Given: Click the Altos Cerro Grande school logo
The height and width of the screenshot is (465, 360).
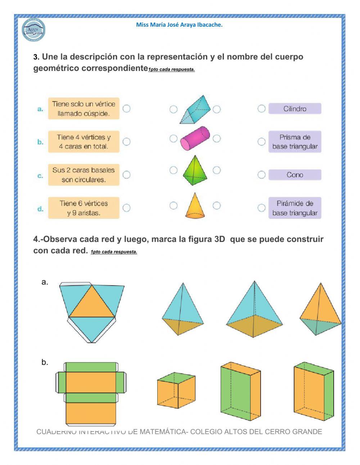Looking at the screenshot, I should coord(33,30).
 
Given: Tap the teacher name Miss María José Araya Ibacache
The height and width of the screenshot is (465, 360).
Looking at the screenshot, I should coord(179,25).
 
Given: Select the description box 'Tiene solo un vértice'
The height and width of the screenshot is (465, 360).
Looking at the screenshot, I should coord(84,108).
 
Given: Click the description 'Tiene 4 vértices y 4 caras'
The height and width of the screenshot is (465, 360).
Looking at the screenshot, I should coord(84,142).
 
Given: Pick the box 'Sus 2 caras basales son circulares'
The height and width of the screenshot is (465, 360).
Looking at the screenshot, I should coord(84,175).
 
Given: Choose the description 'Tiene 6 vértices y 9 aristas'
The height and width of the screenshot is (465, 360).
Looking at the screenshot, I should coord(84,208).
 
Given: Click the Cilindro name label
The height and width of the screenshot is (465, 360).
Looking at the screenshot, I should coord(294,109).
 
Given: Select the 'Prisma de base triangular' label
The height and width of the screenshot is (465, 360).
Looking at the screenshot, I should coord(294,142).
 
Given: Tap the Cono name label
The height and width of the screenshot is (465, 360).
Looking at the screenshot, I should coord(294,175).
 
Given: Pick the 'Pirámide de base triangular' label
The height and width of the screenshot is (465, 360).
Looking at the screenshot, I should coord(294,208).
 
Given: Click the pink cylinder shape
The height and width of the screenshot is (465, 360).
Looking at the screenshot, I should coord(195,138).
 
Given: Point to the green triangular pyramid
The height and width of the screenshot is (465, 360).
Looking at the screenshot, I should coord(194,170).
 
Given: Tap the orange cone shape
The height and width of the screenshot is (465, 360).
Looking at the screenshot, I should coord(195,206).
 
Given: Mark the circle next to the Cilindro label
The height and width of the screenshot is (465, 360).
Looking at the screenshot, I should coord(261,108).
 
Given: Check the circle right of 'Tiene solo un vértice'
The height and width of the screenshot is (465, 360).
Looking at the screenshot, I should coord(126,108).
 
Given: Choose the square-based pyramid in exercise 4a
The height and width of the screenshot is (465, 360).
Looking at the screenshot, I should coord(254,312).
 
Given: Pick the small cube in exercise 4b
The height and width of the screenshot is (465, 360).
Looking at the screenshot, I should coord(176,390).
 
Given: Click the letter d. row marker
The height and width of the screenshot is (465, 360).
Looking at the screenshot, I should coord(40,209).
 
